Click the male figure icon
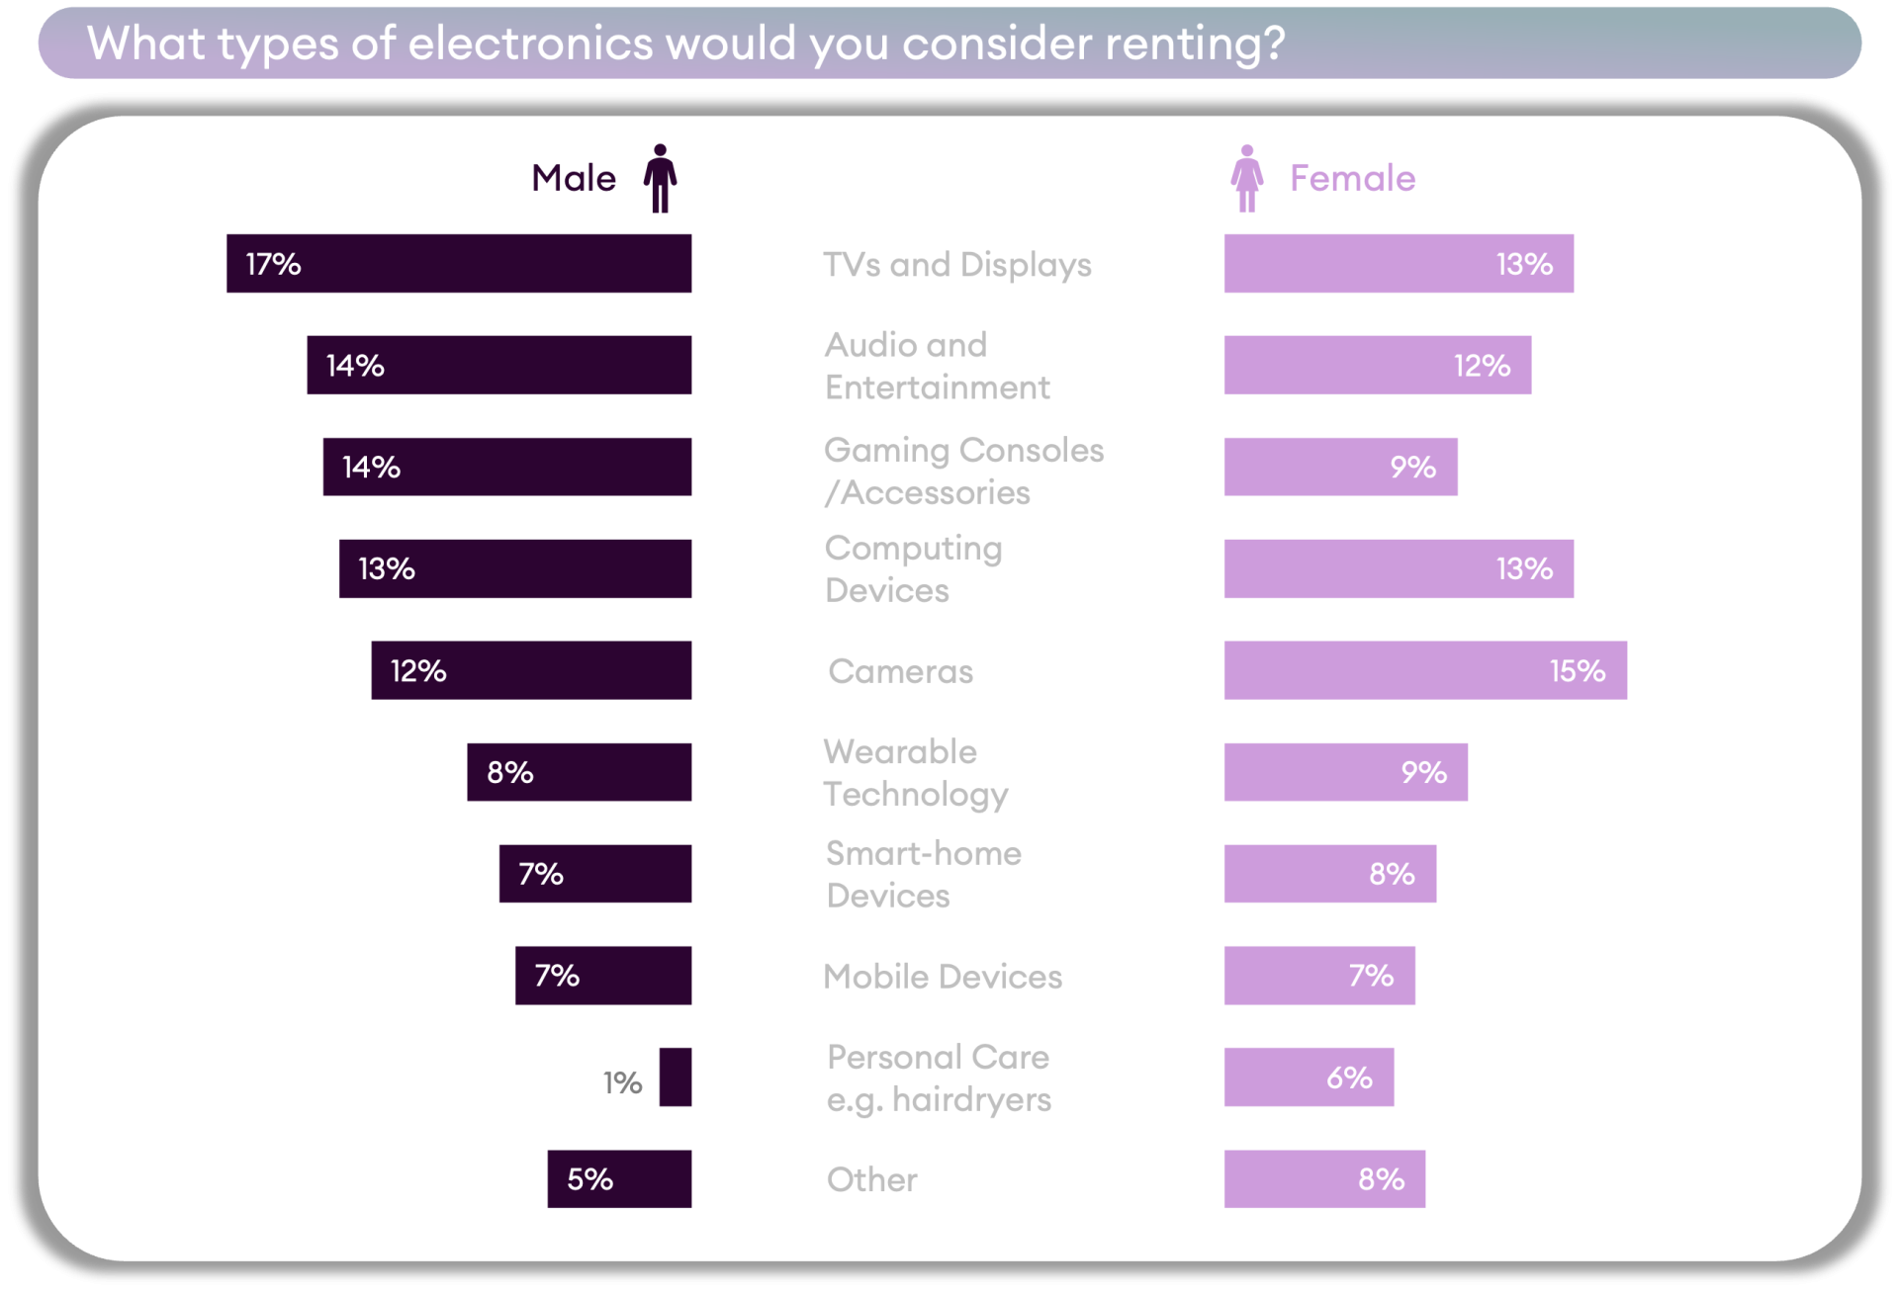(x=660, y=178)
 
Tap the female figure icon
(x=1246, y=178)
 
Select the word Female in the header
(x=1352, y=178)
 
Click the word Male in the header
(x=574, y=178)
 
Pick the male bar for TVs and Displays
(x=459, y=263)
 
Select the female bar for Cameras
(x=1424, y=670)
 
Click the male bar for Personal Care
(x=676, y=1077)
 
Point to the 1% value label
(x=623, y=1082)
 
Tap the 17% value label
(x=273, y=264)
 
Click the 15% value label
(x=1577, y=671)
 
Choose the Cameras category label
(x=900, y=671)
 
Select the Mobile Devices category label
(x=943, y=977)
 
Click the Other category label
(x=871, y=1179)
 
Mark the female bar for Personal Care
(x=1309, y=1077)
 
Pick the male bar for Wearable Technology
(x=579, y=772)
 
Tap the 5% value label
(x=589, y=1179)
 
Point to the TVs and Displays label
(x=956, y=264)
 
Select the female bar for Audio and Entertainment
(x=1377, y=365)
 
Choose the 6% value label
(x=1349, y=1078)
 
